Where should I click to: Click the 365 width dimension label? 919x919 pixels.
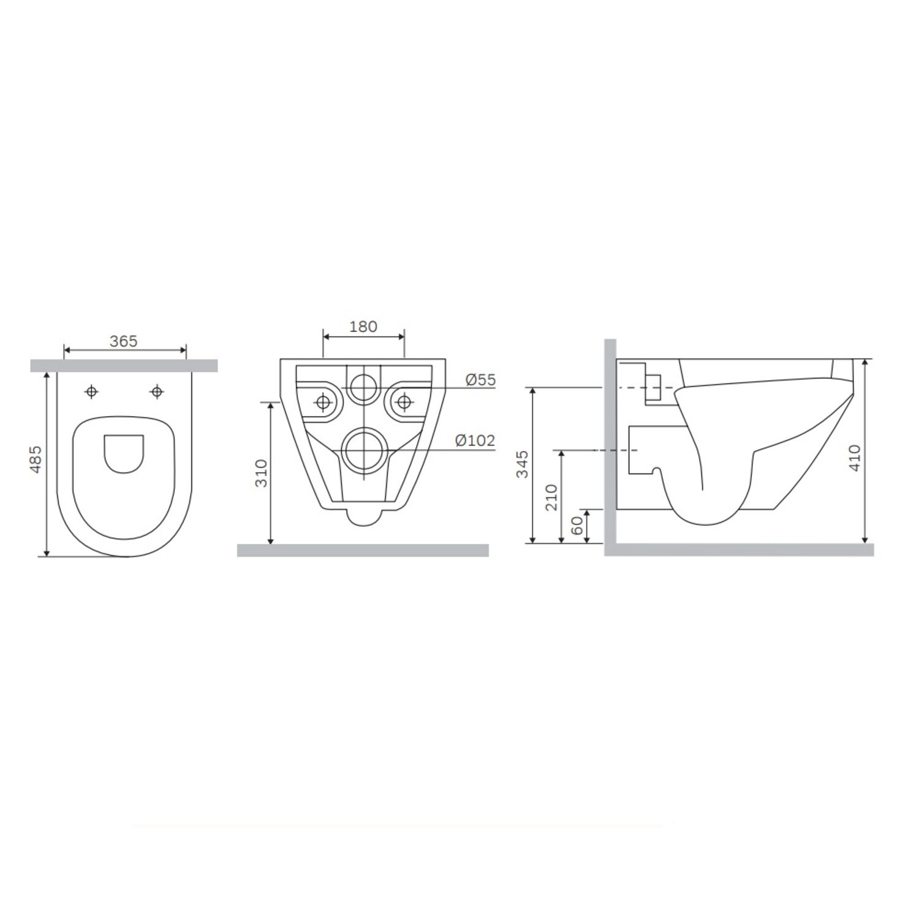[x=123, y=341]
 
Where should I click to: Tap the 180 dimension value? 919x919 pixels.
[x=363, y=327]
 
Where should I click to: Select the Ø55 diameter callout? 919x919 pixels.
[x=480, y=380]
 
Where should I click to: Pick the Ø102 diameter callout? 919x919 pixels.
[x=475, y=440]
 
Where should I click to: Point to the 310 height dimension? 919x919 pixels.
[x=262, y=472]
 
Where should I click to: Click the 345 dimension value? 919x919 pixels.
[x=522, y=464]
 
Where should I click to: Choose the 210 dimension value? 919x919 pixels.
[x=551, y=497]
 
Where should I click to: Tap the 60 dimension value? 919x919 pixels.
[x=577, y=525]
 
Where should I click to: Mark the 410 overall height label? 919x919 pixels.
[x=855, y=457]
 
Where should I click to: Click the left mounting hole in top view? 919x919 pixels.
[x=91, y=391]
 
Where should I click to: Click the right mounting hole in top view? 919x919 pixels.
[x=157, y=391]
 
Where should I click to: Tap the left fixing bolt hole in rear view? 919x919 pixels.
[x=323, y=402]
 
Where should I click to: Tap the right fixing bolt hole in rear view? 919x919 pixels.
[x=404, y=402]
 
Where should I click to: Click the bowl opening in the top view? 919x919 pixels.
[x=124, y=454]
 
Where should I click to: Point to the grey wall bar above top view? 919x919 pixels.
[x=124, y=366]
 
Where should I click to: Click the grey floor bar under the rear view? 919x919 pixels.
[x=363, y=550]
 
